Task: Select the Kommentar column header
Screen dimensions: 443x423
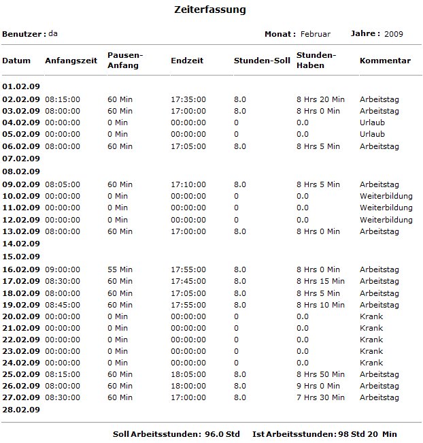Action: pyautogui.click(x=385, y=61)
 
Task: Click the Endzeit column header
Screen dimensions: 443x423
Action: pyautogui.click(x=186, y=61)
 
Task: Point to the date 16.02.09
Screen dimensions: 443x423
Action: pyautogui.click(x=21, y=269)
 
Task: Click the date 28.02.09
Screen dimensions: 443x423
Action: pyautogui.click(x=21, y=410)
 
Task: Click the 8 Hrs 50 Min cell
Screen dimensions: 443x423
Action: pyautogui.click(x=320, y=374)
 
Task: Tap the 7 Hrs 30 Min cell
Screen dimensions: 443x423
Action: pyautogui.click(x=320, y=397)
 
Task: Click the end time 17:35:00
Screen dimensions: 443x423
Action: pyautogui.click(x=188, y=99)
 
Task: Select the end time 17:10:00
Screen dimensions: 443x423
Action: pyautogui.click(x=188, y=184)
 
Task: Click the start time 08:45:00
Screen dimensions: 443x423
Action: pyautogui.click(x=63, y=305)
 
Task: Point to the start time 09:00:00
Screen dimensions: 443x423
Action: pyautogui.click(x=63, y=269)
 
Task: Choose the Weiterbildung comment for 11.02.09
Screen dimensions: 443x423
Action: pyautogui.click(x=386, y=208)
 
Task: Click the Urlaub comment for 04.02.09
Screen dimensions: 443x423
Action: pyautogui.click(x=372, y=122)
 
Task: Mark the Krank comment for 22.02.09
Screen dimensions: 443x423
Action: pyautogui.click(x=371, y=340)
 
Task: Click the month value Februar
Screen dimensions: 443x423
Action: pyautogui.click(x=316, y=34)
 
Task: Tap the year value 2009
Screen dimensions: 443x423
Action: pyautogui.click(x=394, y=34)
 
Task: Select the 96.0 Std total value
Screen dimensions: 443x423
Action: pyautogui.click(x=222, y=434)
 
